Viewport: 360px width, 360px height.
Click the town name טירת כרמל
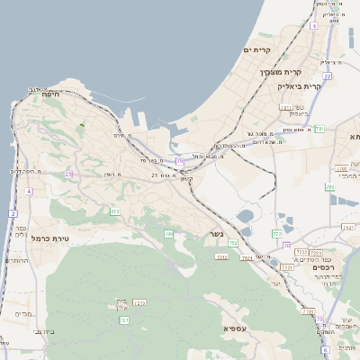click(x=49, y=238)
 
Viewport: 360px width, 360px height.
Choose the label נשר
click(x=217, y=234)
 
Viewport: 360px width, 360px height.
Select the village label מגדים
click(x=23, y=314)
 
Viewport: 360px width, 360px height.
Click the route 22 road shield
click(x=328, y=76)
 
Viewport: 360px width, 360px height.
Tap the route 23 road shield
click(x=68, y=174)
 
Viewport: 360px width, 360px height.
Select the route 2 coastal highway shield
click(x=13, y=213)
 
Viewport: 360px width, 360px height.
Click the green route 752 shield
click(x=233, y=243)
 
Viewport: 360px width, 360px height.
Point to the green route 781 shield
click(x=330, y=187)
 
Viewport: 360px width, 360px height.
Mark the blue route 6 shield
click(x=324, y=348)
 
